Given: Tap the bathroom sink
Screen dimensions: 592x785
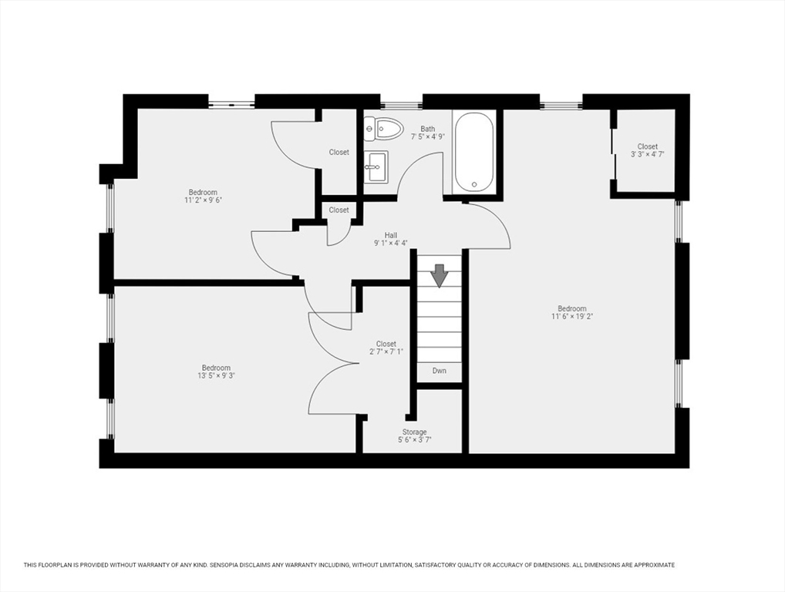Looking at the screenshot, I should (376, 166).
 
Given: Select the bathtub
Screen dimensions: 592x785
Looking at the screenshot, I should (473, 152).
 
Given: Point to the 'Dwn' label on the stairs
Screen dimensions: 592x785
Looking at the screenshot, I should (439, 371).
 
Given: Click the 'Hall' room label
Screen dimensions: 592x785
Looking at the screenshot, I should (391, 235).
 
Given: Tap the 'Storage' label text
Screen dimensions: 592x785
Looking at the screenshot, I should (414, 432).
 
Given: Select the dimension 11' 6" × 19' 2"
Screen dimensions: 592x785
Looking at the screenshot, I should (572, 316).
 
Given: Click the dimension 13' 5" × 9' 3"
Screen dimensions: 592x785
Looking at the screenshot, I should (216, 376).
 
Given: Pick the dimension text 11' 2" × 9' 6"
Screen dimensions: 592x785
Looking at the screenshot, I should (203, 200).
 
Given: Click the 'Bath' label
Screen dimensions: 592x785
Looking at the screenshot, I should (427, 129).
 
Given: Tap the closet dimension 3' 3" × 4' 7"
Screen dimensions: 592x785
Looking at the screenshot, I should (647, 154).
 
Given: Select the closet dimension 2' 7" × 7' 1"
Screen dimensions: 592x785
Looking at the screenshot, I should (386, 352).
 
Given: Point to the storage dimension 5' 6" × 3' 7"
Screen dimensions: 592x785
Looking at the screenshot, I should (414, 440).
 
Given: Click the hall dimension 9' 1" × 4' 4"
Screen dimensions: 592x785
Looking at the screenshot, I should (391, 244).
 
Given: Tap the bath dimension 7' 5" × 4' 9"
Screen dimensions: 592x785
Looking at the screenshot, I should (427, 137).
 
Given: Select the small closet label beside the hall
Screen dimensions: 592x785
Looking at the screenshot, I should (339, 210).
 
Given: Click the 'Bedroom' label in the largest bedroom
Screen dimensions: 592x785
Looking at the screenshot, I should (572, 308).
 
